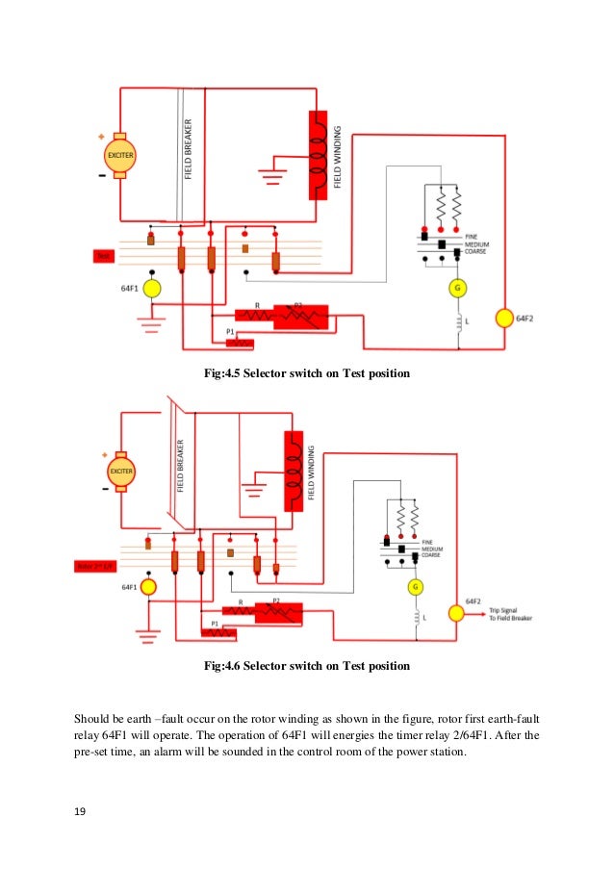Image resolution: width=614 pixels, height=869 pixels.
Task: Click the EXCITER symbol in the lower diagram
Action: click(x=120, y=473)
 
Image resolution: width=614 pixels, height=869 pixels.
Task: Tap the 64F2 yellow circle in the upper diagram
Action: click(x=503, y=318)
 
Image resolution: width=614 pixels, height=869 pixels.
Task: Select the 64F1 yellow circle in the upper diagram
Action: click(x=151, y=289)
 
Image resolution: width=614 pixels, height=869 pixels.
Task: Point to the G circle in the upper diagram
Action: click(x=458, y=287)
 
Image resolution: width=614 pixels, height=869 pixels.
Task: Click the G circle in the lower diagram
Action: click(x=416, y=586)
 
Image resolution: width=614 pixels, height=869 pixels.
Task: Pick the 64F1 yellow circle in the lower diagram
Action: click(x=148, y=585)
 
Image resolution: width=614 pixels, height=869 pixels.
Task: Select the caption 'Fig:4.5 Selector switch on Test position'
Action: click(x=308, y=372)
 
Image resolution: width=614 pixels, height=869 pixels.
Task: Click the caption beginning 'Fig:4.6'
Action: click(x=308, y=665)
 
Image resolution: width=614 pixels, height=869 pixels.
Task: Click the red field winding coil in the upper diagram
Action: click(x=315, y=155)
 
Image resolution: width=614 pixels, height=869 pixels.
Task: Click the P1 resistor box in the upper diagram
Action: click(x=239, y=343)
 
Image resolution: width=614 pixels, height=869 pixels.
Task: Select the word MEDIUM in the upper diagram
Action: click(x=478, y=244)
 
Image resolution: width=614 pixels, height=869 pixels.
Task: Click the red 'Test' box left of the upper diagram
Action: click(x=103, y=256)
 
